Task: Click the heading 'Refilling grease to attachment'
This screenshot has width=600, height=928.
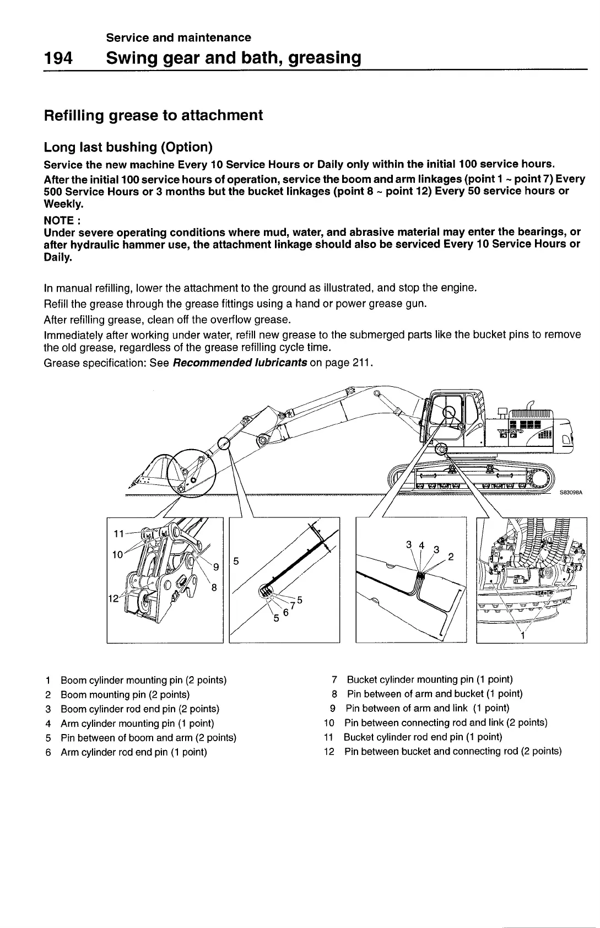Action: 153,116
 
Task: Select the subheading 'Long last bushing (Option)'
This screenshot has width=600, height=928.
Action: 128,147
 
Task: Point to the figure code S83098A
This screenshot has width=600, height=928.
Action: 571,493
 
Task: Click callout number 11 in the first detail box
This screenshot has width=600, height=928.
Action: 118,533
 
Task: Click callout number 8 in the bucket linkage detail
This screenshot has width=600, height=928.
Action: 214,587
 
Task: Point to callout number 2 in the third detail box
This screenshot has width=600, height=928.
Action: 451,557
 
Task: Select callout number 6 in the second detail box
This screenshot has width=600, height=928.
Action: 285,612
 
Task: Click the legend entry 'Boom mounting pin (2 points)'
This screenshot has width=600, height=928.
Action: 125,694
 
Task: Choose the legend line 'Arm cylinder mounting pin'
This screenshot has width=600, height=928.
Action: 137,723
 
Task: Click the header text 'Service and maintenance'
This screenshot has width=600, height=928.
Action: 179,37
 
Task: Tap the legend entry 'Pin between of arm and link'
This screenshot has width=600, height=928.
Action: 427,708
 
